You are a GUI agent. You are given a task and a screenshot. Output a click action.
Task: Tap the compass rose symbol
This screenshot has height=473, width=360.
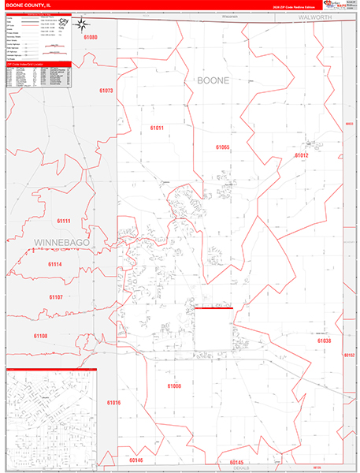84,24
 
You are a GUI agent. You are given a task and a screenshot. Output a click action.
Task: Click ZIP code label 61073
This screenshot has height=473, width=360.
106,91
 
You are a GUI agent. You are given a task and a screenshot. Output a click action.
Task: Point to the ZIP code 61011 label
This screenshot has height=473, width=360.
156,128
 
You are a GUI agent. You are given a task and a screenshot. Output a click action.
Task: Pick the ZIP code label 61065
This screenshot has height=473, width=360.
222,147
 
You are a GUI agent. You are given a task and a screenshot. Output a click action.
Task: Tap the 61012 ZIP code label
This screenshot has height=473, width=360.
302,156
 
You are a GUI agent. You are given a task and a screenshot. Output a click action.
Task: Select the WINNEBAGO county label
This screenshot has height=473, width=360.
61,241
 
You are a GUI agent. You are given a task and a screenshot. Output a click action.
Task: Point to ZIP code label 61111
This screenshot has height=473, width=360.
64,222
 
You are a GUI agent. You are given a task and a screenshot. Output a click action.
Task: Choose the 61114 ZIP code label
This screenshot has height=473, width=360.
54,264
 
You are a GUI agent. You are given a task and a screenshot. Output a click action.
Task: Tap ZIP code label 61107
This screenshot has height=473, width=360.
55,296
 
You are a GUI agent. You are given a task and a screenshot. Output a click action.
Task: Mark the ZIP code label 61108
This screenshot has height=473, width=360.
40,336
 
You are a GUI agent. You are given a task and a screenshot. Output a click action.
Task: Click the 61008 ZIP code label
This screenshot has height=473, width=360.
174,385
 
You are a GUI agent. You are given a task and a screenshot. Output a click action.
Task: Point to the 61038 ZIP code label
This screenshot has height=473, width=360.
324,341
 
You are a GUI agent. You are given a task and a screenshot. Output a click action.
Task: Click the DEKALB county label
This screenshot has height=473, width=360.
240,467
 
